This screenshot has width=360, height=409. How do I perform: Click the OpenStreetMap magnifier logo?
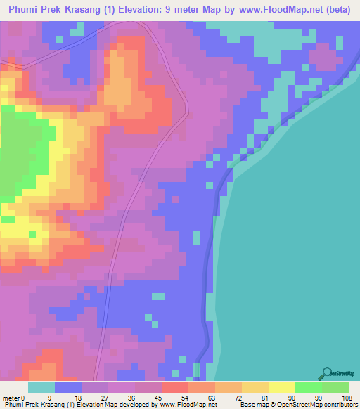[x=327, y=374]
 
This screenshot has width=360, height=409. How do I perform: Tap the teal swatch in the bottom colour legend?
[x=41, y=387]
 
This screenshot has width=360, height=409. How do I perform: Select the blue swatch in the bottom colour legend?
[x=68, y=387]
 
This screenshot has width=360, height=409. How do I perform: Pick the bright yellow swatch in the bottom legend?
[x=282, y=387]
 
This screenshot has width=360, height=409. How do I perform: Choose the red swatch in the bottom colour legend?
[x=175, y=387]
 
